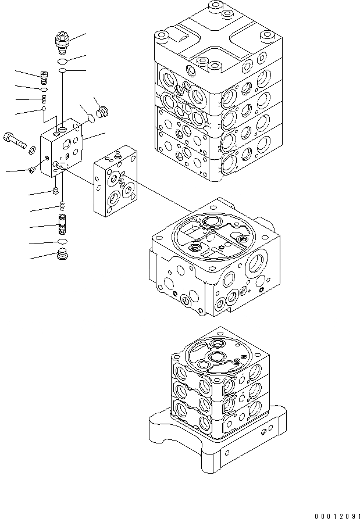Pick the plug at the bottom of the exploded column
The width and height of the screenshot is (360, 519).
coord(62,255)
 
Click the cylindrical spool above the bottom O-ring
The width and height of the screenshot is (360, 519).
coord(62,224)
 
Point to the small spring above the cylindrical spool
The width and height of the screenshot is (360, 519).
coord(62,205)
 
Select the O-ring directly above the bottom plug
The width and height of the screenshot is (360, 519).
coord(62,241)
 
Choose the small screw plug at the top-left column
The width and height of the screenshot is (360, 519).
coord(44,75)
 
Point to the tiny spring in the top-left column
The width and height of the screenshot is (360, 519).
coord(44,99)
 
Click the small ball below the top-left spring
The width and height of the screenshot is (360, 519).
coord(44,108)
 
